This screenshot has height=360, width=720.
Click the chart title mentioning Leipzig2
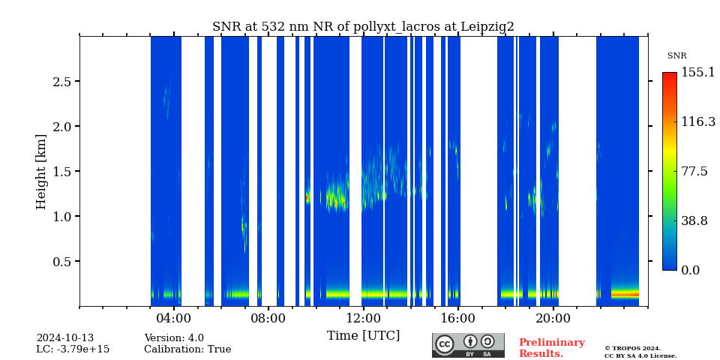363,27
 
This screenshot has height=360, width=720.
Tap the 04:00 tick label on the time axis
173,318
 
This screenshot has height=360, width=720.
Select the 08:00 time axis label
268,318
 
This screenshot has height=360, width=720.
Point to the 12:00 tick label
363,318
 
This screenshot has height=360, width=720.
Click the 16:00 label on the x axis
457,318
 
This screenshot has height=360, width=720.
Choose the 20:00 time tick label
553,318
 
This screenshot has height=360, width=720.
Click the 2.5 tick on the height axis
61,82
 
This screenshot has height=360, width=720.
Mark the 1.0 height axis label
61,217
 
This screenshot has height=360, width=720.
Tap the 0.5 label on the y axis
61,262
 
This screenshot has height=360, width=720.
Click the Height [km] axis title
41,172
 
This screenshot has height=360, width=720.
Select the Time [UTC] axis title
363,336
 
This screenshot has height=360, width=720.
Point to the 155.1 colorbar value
697,73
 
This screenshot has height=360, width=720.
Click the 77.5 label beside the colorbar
694,172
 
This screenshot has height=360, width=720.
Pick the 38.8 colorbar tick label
694,221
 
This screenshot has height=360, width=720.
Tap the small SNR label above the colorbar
676,56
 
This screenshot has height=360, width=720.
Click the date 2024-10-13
64,338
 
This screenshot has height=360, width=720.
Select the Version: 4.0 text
174,338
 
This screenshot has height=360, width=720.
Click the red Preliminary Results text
551,348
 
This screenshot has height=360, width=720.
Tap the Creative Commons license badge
468,345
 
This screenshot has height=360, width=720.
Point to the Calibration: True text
187,349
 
